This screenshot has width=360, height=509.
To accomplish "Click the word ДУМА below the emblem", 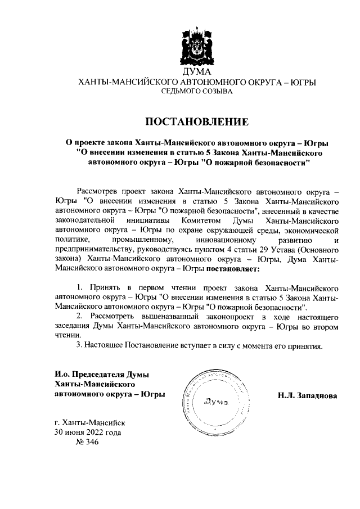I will point(197,73).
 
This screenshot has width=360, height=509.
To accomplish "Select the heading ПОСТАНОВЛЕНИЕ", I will point(197,121).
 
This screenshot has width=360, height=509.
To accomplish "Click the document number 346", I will point(87,443).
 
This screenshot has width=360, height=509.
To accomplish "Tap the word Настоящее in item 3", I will point(105,345).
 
